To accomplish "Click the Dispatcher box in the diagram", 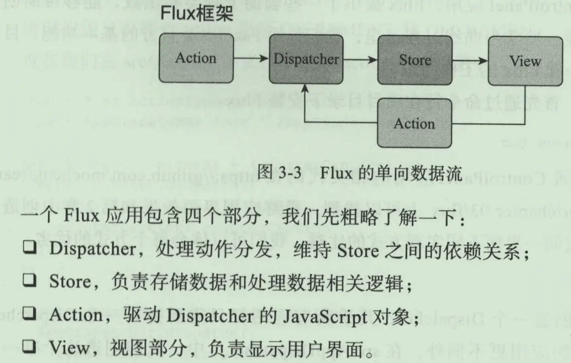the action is click(x=306, y=60).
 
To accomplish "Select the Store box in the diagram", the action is click(x=415, y=60).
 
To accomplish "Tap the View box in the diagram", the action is click(x=525, y=61).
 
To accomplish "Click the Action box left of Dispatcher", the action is click(x=196, y=58).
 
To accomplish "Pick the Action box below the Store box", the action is click(x=414, y=124).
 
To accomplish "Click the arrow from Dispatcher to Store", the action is click(x=360, y=60).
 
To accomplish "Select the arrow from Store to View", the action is click(x=470, y=61).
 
